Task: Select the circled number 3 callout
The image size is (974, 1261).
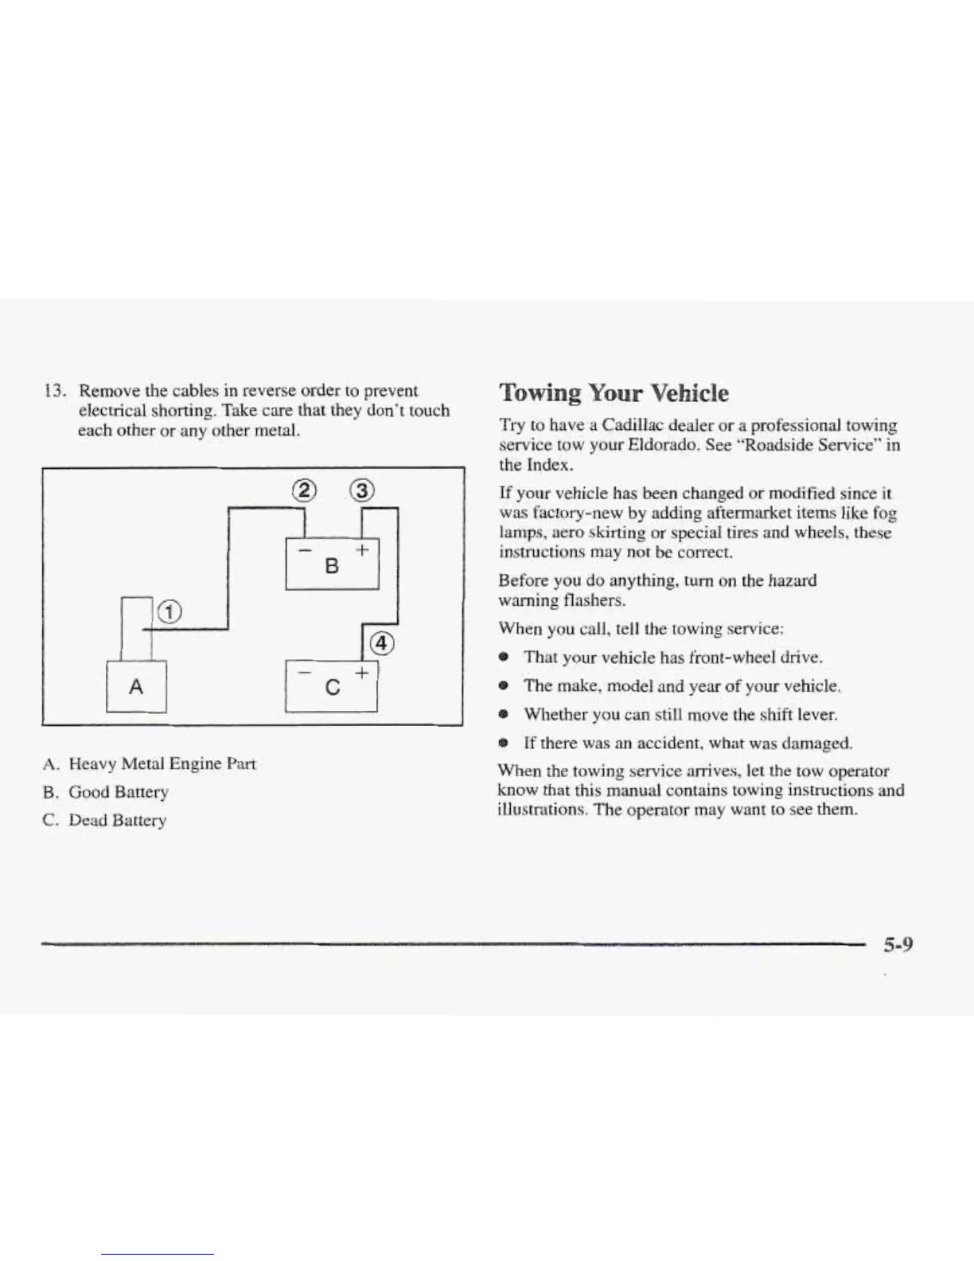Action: [x=362, y=490]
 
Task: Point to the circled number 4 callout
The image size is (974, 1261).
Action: [x=381, y=643]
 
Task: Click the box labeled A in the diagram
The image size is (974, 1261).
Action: [x=136, y=686]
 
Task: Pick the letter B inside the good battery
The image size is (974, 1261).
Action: [x=333, y=566]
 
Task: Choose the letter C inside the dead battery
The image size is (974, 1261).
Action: [x=333, y=686]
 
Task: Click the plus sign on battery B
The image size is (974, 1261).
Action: [x=362, y=549]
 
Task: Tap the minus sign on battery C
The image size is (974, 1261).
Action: [x=303, y=673]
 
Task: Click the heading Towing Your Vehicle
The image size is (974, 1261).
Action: [x=613, y=392]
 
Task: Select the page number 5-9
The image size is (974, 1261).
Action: [x=897, y=945]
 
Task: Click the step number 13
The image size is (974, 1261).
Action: [x=53, y=391]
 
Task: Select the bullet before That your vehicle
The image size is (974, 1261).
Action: [x=504, y=658]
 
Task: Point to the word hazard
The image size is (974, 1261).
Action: [x=793, y=580]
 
